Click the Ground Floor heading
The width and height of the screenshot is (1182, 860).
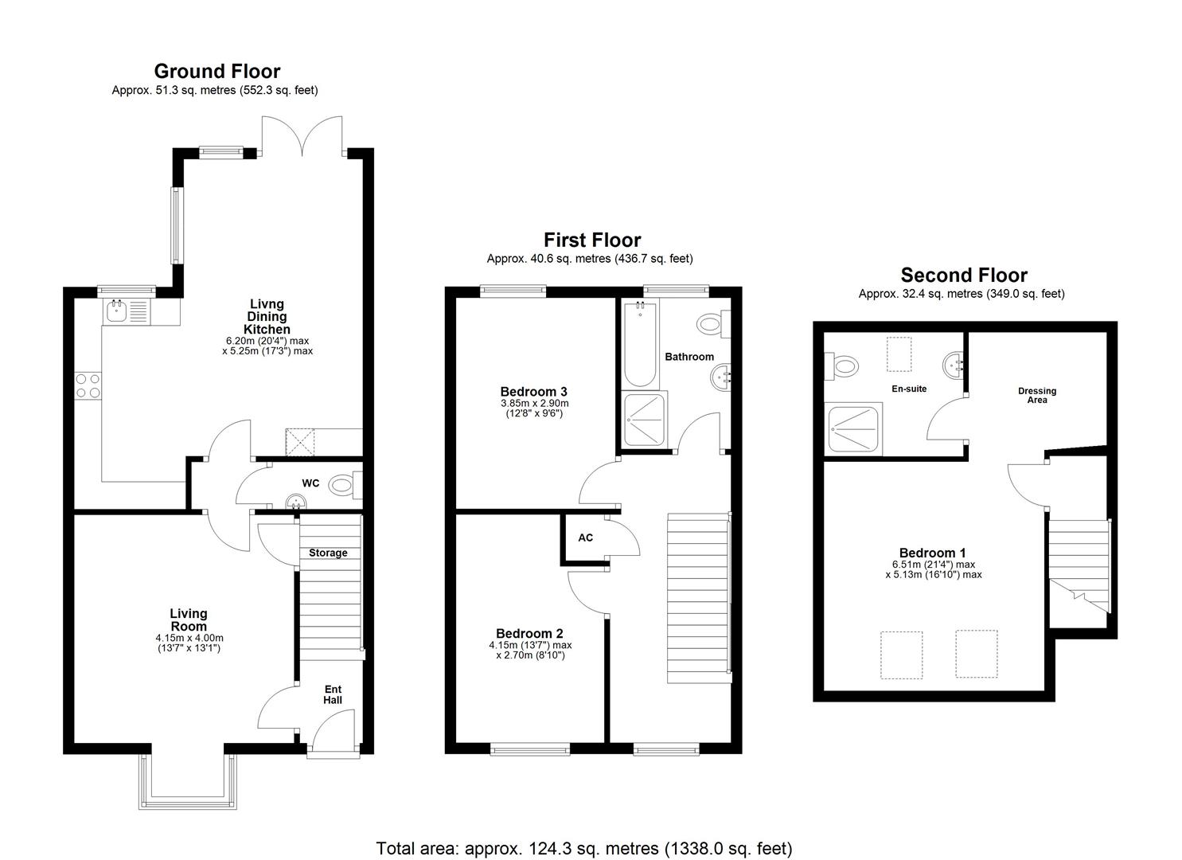click(x=217, y=72)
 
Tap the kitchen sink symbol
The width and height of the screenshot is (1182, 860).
click(x=125, y=310)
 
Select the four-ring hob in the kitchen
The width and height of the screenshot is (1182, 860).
click(x=88, y=385)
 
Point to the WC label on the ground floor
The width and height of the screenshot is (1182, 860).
click(x=310, y=483)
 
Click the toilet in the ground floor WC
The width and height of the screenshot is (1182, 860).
click(x=342, y=484)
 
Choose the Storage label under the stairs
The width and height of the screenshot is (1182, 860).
click(x=328, y=553)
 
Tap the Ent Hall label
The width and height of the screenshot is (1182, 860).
click(x=333, y=694)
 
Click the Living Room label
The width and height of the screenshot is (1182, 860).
click(x=189, y=620)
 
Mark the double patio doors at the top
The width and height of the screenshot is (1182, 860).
click(x=302, y=135)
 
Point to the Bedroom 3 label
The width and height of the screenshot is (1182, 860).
click(x=533, y=391)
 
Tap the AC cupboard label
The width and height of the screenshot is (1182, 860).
click(x=585, y=537)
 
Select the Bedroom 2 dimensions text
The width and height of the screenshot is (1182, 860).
click(x=530, y=650)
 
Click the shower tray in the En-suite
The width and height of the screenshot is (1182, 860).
click(x=855, y=430)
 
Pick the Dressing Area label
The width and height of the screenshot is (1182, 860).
click(x=1037, y=395)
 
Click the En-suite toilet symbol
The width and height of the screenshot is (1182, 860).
click(x=844, y=367)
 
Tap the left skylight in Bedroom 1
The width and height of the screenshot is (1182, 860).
click(x=901, y=655)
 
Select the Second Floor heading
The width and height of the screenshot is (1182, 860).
click(x=964, y=276)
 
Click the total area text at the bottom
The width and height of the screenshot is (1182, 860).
click(x=583, y=848)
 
